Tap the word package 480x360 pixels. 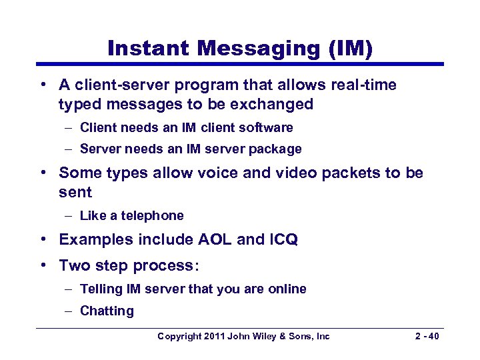pos(277,149)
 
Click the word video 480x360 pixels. pos(289,173)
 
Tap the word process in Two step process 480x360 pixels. pos(163,265)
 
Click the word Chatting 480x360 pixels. pos(107,311)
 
